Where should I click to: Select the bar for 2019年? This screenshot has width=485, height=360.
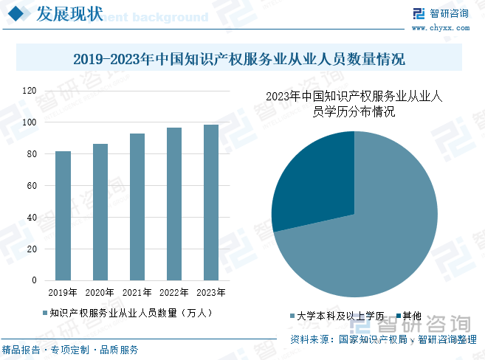tap(63, 215)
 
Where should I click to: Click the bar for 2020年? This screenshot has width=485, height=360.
tap(100, 212)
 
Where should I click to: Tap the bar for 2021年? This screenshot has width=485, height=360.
tap(137, 207)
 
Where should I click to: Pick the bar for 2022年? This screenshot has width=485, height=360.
tap(174, 204)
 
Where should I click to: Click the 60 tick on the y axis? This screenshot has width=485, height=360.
tap(32, 186)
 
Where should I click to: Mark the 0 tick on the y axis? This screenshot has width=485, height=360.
tap(34, 280)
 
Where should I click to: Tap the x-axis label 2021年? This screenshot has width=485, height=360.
tap(137, 293)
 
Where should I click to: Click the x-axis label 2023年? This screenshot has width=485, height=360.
tap(211, 293)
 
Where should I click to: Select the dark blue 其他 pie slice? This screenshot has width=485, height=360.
tap(314, 181)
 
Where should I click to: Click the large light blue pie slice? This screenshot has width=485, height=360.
tap(369, 236)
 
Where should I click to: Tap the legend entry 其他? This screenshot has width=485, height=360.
tap(411, 316)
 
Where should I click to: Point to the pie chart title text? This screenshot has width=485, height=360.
tap(354, 104)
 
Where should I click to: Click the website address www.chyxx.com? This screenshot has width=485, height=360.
tap(441, 28)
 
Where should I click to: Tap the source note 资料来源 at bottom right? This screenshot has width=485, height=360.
tap(383, 339)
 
